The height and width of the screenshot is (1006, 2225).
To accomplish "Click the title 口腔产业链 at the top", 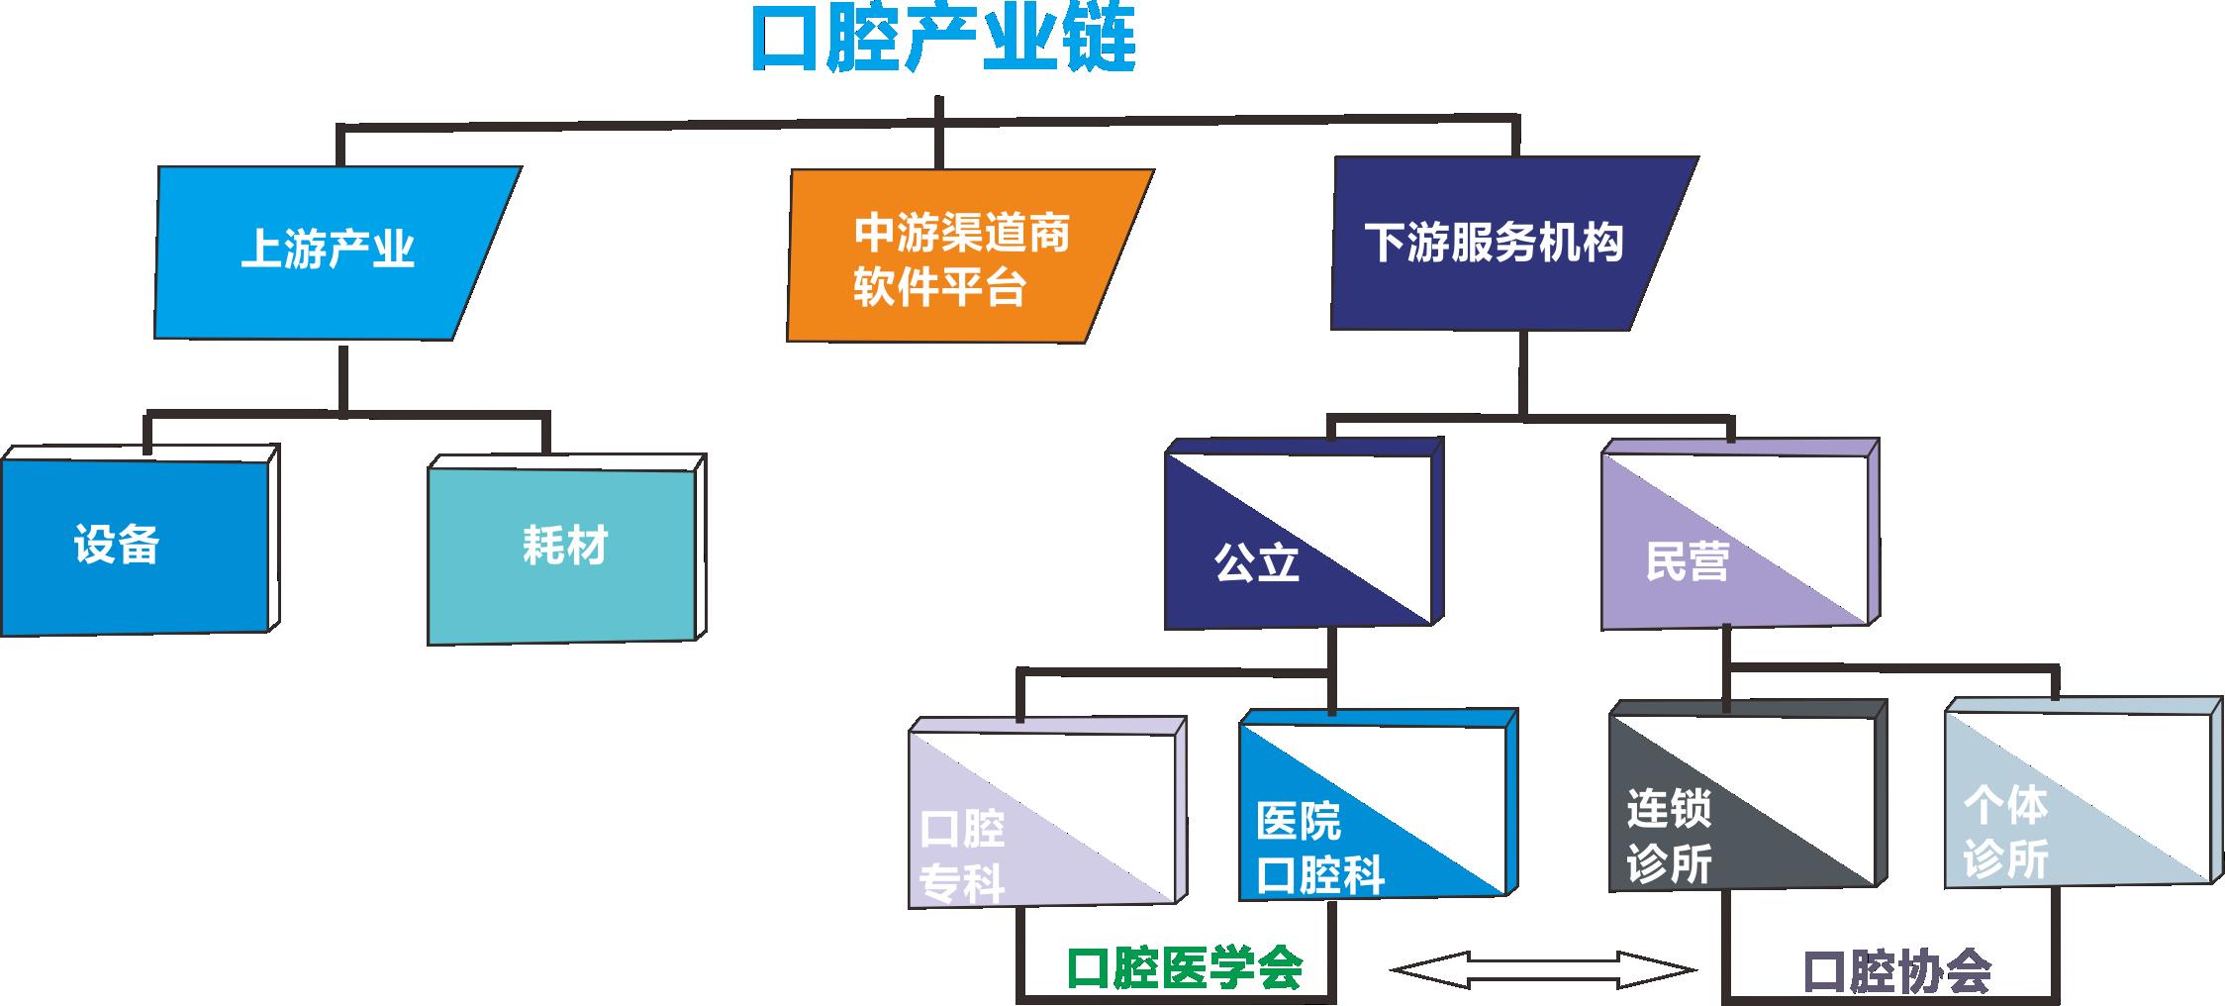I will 942,40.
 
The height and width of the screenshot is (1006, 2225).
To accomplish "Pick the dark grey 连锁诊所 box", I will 1742,802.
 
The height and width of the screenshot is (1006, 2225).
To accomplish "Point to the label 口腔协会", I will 1896,972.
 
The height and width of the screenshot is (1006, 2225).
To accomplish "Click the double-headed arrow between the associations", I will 1544,969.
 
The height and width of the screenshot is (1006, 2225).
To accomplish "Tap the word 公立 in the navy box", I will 1256,563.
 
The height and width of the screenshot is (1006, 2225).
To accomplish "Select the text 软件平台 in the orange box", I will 939,288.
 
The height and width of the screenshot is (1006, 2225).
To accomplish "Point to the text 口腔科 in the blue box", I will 1320,875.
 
